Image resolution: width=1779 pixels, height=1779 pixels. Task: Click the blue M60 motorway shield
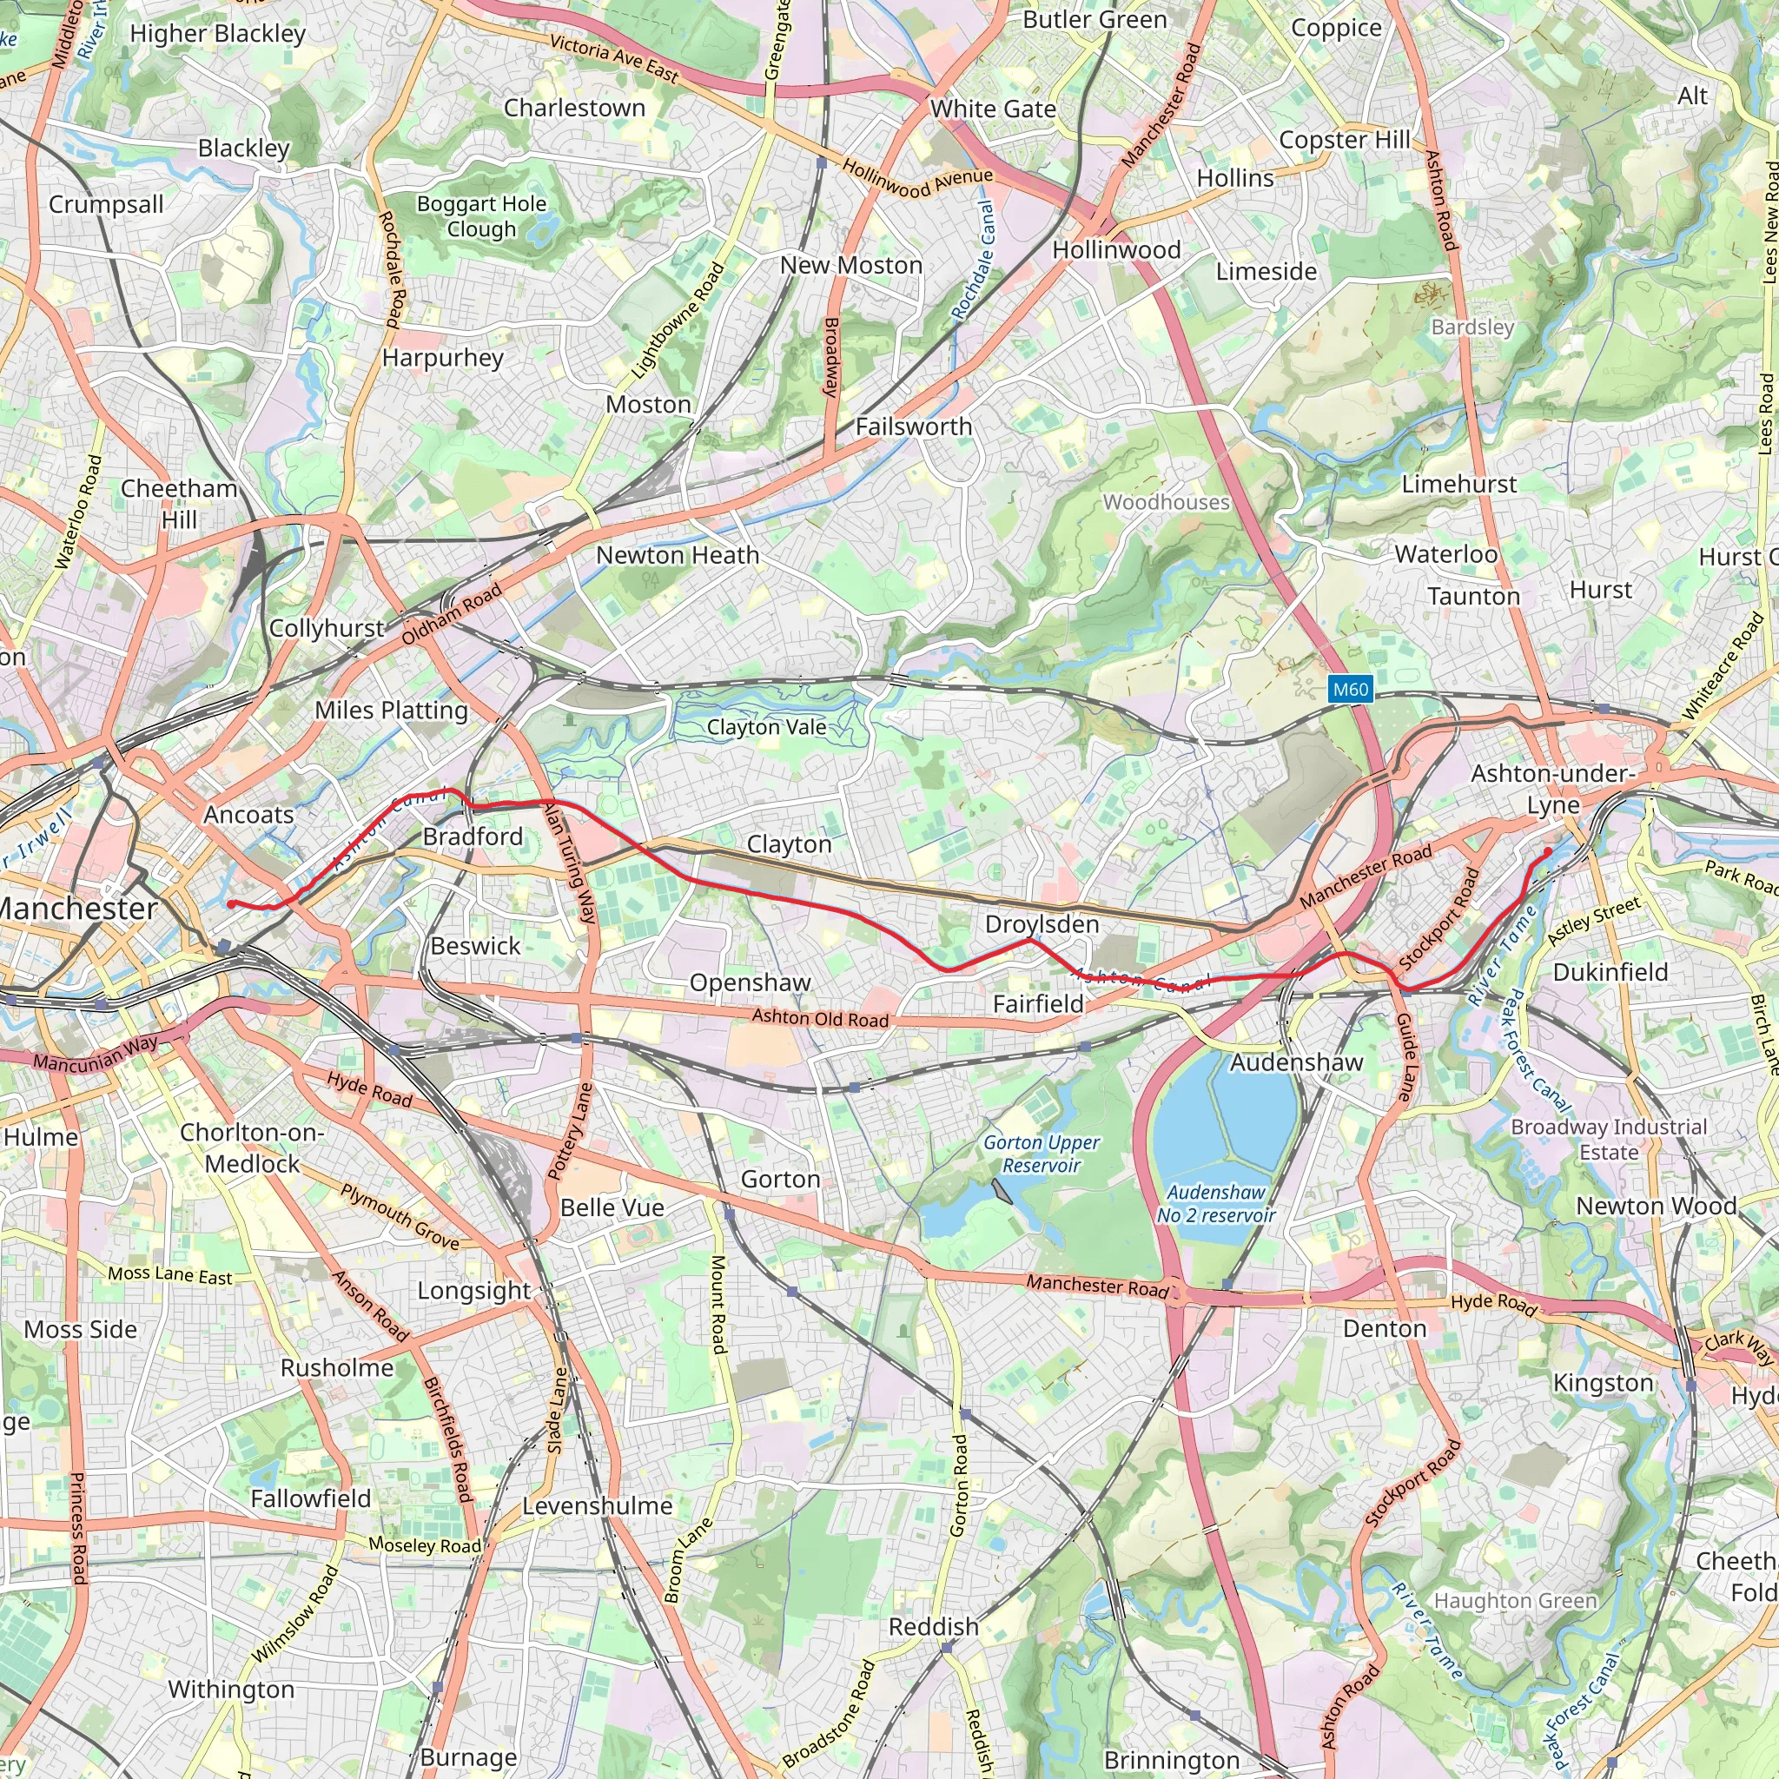point(1350,690)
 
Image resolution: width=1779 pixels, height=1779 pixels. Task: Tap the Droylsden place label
point(1042,923)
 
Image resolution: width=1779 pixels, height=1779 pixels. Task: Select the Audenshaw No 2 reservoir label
point(1215,1203)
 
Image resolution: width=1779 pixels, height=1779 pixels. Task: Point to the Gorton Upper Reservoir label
point(1042,1154)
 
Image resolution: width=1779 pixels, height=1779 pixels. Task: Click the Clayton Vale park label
point(766,726)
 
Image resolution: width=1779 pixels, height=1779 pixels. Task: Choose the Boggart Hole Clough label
point(481,216)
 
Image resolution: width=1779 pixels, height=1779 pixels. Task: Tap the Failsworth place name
point(914,427)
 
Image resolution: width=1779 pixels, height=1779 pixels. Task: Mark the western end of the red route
point(231,904)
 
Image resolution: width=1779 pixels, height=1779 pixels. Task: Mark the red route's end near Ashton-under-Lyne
point(1548,850)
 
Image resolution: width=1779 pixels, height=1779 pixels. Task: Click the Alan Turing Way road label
point(570,863)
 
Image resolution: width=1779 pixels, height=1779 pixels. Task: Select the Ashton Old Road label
point(819,1017)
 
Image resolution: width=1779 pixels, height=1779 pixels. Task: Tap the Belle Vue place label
point(612,1207)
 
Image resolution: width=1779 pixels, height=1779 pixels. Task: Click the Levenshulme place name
point(597,1505)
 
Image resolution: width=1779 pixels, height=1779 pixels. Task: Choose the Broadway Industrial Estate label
point(1609,1139)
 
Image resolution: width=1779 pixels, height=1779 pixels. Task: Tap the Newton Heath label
point(677,555)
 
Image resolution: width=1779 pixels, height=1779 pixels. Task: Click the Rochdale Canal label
point(973,261)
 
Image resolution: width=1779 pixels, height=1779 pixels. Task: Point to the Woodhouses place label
point(1166,502)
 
